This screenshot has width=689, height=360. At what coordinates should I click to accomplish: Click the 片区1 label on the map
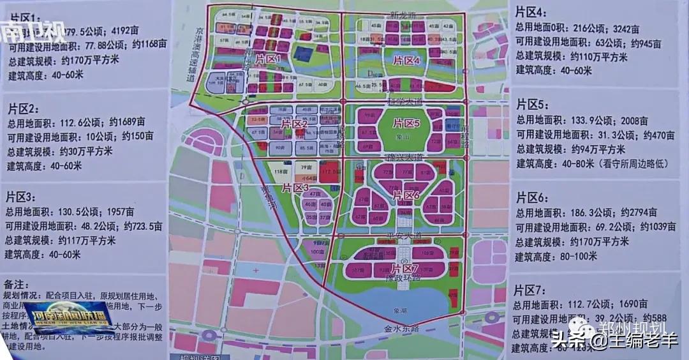(269, 59)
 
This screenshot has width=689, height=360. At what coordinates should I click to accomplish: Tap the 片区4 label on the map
(406, 61)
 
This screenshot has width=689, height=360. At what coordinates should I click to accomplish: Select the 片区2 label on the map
(295, 123)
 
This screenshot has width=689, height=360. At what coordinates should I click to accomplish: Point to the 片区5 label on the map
(406, 123)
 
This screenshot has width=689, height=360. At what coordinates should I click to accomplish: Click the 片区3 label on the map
(295, 187)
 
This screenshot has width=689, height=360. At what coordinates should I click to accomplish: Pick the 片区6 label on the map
(406, 195)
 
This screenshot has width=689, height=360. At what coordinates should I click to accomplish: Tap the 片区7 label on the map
(406, 266)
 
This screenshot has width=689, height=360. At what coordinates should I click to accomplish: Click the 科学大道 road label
(401, 101)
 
